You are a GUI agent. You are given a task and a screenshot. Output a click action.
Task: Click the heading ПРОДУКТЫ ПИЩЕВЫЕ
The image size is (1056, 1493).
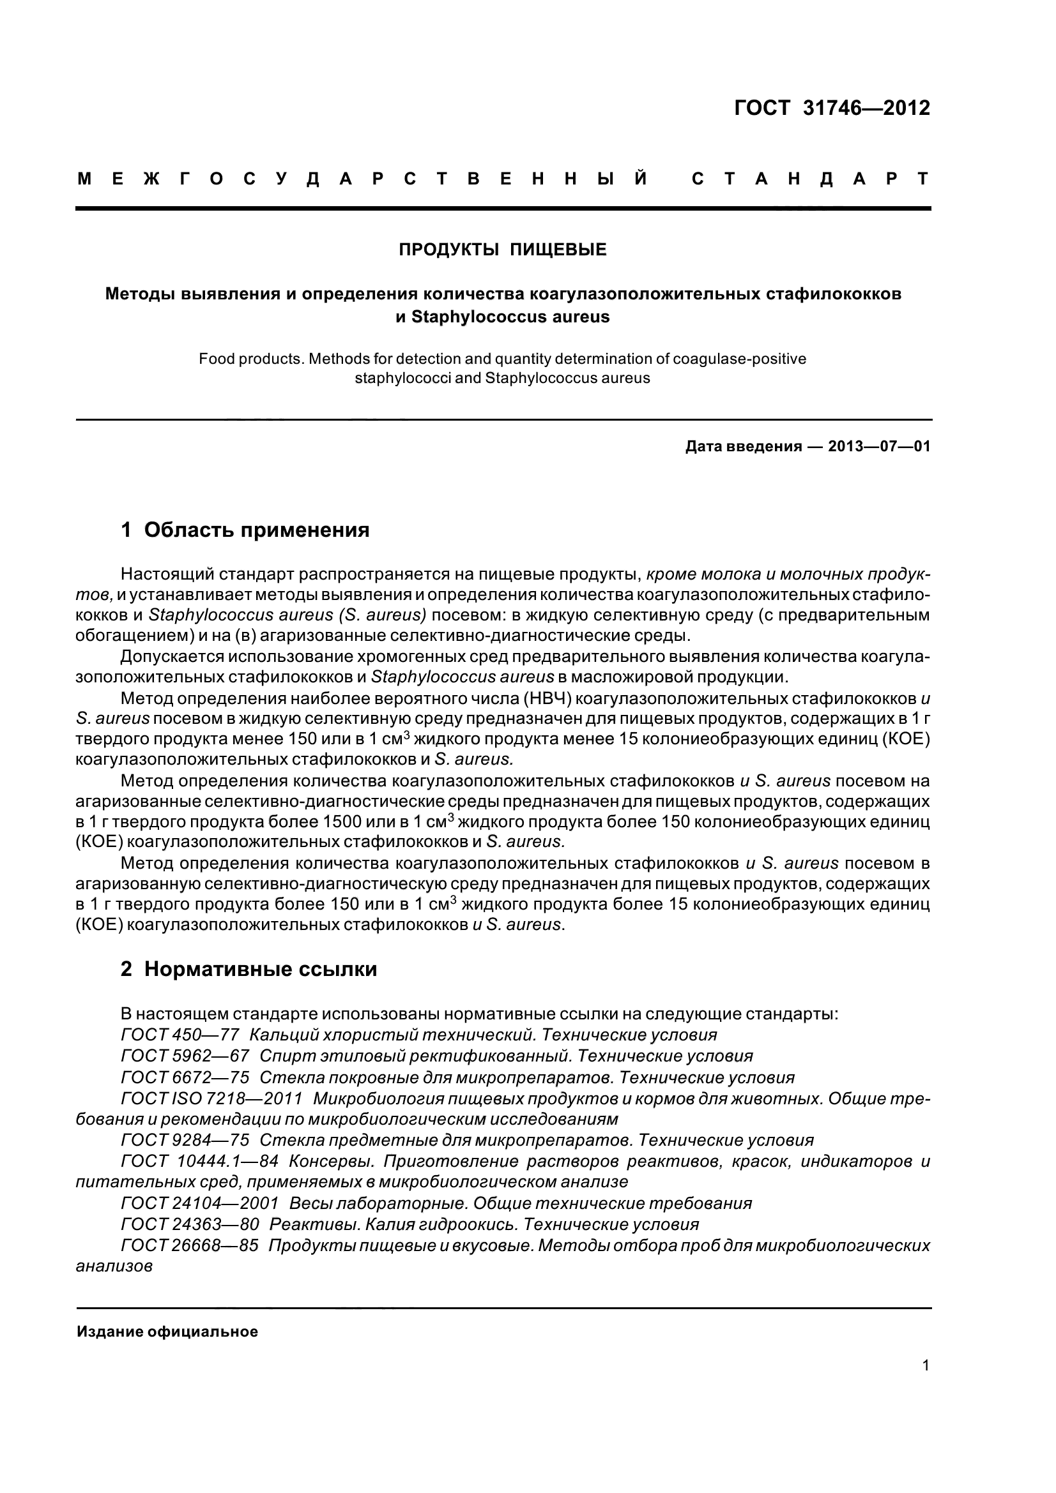point(502,250)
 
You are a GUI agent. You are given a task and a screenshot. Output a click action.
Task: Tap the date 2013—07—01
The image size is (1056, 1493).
point(878,447)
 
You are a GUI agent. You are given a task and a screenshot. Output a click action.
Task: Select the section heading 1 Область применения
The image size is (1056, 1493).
point(245,530)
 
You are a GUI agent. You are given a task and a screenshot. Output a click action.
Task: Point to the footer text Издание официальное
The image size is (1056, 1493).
point(167,1332)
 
